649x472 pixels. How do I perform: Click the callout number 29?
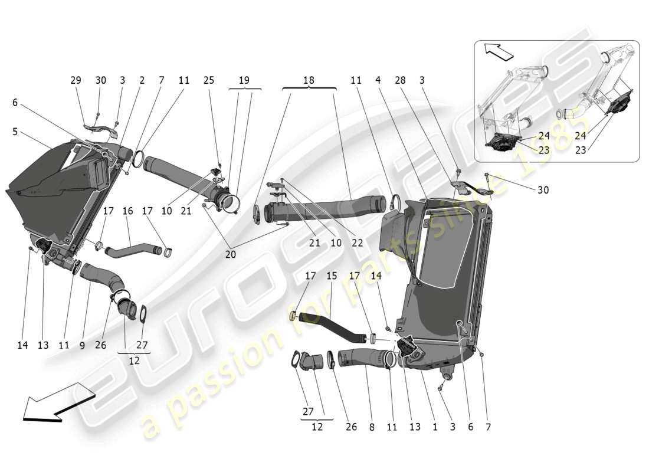(x=76, y=80)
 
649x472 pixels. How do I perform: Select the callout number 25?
(x=209, y=80)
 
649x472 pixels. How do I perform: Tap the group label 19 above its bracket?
(x=244, y=80)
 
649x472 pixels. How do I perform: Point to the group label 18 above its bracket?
(x=309, y=80)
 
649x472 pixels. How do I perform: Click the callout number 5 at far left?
(x=15, y=132)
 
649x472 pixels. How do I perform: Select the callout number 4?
(x=379, y=80)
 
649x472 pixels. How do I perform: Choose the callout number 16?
(x=128, y=211)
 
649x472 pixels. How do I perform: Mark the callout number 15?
(x=332, y=276)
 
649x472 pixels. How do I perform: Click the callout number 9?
(x=82, y=345)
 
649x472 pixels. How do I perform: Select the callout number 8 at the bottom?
(x=371, y=427)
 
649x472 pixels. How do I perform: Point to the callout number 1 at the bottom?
(x=435, y=427)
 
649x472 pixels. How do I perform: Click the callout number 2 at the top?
(x=142, y=80)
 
